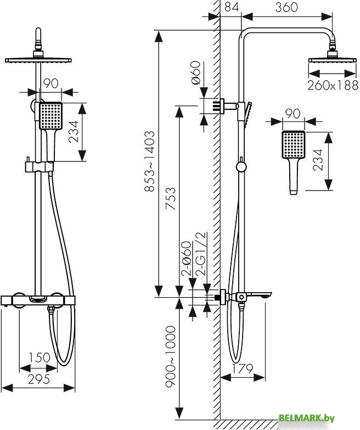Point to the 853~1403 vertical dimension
pos(149,162)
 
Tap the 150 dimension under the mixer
pos(40,358)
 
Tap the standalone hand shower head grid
pos(293,145)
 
